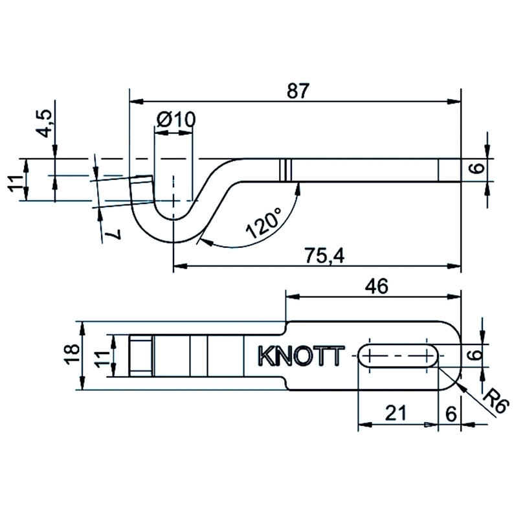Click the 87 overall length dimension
point(298,91)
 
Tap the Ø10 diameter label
point(176,119)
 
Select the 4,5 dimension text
point(44,123)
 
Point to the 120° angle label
point(263,223)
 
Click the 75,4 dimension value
point(324,256)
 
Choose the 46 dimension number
point(376,286)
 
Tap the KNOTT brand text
point(301,355)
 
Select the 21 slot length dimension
point(396,413)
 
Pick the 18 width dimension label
point(72,354)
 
